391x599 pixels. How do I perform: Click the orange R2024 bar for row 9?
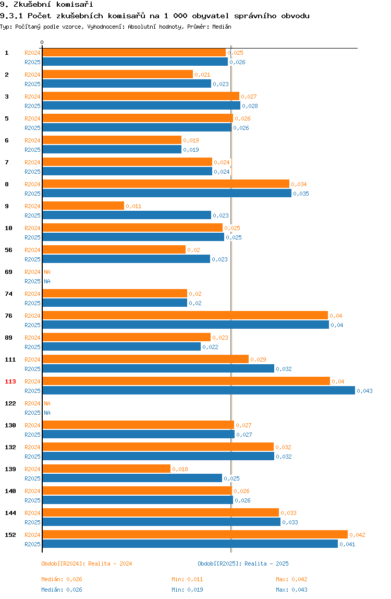point(83,206)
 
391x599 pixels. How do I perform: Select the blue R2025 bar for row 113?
point(199,390)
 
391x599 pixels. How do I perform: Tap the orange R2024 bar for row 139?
point(106,469)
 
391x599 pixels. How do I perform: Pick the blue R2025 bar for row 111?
point(158,369)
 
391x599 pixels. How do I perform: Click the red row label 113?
point(10,381)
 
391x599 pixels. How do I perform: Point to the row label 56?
point(8,250)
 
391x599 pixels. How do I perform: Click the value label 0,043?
point(364,391)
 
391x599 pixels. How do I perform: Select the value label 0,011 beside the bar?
point(133,206)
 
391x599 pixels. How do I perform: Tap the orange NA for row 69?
point(47,272)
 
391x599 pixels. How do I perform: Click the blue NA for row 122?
point(47,413)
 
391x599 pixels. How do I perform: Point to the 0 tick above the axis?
point(42,42)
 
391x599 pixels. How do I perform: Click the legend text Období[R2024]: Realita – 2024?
point(87,564)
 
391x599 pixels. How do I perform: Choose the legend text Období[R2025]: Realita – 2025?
point(243,564)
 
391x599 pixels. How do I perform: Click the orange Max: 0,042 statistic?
point(292,580)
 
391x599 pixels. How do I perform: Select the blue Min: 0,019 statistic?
point(188,590)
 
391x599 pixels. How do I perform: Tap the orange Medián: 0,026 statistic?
point(62,580)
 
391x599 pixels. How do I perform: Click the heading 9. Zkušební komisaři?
point(46,5)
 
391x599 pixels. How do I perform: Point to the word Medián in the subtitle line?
point(222,27)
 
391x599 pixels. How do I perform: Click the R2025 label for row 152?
point(32,544)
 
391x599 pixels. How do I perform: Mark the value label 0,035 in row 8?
point(301,194)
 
